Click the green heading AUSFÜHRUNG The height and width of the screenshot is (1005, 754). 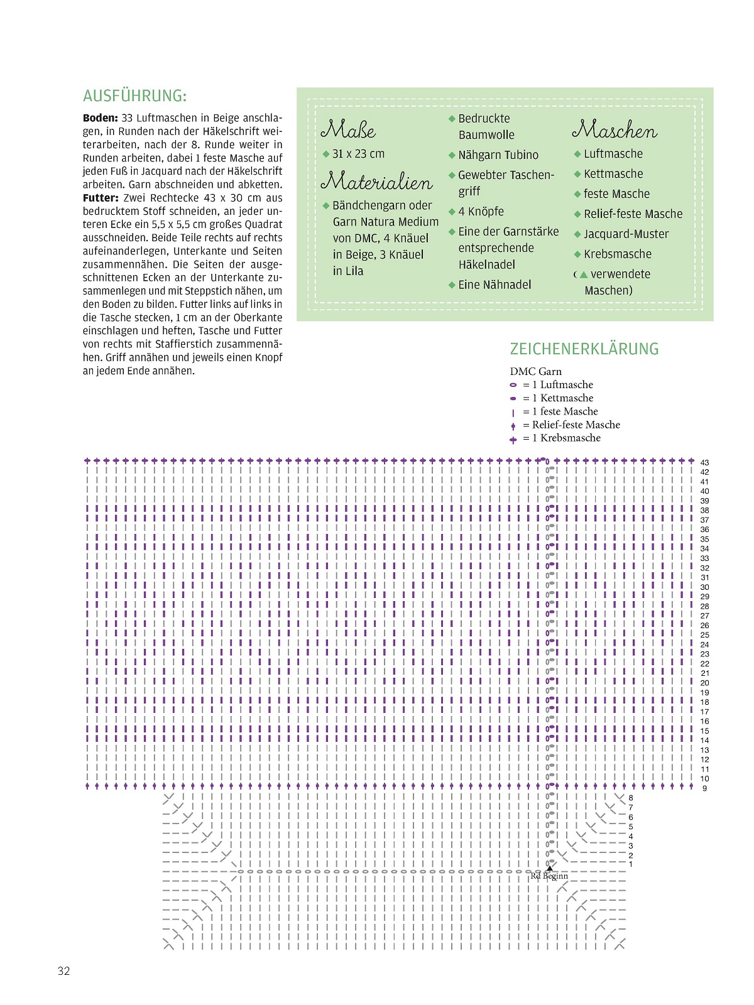134,96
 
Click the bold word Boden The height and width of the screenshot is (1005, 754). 100,118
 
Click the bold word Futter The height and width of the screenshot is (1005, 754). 101,198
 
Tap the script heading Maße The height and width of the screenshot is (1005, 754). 348,130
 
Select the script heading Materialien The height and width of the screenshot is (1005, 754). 376,182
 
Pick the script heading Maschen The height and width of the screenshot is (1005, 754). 614,130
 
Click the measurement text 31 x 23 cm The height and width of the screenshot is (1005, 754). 358,154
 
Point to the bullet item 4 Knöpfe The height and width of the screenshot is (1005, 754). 481,212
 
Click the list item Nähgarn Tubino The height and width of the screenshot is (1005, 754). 498,155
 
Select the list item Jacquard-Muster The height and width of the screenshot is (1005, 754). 626,234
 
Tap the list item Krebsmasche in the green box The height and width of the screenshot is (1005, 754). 617,254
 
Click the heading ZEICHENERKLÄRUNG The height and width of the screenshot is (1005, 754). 584,349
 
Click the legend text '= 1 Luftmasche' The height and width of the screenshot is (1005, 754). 558,385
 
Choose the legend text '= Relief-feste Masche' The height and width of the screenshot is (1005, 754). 571,425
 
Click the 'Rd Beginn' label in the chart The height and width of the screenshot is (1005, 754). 549,876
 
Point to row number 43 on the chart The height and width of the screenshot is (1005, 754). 704,463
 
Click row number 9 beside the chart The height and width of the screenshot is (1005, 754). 704,788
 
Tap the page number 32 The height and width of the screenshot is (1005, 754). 64,971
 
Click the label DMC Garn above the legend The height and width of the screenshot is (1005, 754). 535,372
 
